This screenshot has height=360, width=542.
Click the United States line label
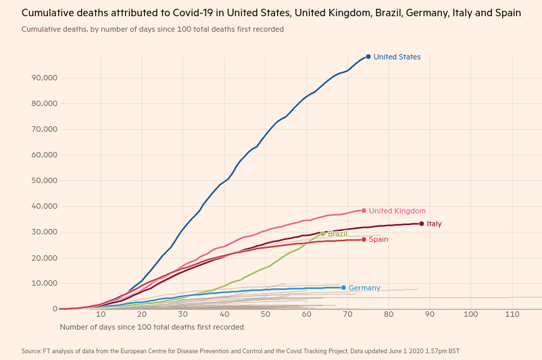pyautogui.click(x=397, y=57)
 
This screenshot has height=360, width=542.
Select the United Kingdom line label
pyautogui.click(x=397, y=211)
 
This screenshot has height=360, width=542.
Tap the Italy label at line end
pyautogui.click(x=434, y=224)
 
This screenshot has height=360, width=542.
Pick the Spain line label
pyautogui.click(x=378, y=239)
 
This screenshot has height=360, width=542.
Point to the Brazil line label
pyautogui.click(x=338, y=234)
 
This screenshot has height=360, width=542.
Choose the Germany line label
pyautogui.click(x=364, y=288)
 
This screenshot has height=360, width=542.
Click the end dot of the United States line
pyautogui.click(x=368, y=57)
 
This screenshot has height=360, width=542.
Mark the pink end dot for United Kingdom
pyautogui.click(x=364, y=211)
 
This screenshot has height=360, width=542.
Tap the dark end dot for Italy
pyautogui.click(x=422, y=224)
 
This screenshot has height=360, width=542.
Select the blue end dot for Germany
pyautogui.click(x=343, y=288)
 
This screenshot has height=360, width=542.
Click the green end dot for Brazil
pyautogui.click(x=323, y=234)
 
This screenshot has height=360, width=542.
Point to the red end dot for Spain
pyautogui.click(x=364, y=239)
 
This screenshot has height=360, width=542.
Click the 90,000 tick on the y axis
pyautogui.click(x=44, y=78)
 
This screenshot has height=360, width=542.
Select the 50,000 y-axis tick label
pyautogui.click(x=44, y=181)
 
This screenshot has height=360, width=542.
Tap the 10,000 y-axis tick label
pyautogui.click(x=44, y=284)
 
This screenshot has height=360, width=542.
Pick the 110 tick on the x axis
pyautogui.click(x=512, y=315)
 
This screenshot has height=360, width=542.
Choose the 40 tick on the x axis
pyautogui.click(x=224, y=315)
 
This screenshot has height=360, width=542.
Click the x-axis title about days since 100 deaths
pyautogui.click(x=151, y=327)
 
